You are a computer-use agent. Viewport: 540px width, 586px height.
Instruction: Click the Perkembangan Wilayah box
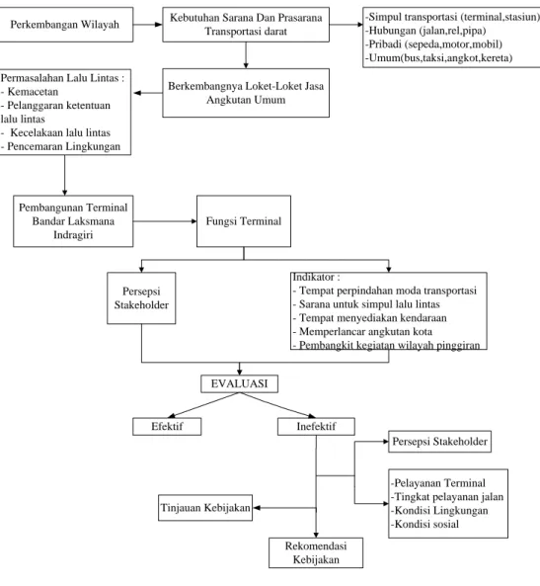coord(65,25)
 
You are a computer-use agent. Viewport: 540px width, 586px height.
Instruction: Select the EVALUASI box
coord(239,383)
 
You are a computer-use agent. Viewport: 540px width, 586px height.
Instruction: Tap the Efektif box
coord(167,427)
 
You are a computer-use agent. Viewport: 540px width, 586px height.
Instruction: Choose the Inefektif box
coord(316,427)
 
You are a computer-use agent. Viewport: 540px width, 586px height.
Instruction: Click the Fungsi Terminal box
coord(244,221)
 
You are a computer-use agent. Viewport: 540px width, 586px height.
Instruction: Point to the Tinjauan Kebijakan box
coord(205,508)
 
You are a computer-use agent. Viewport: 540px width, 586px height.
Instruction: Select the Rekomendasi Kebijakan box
coord(316,552)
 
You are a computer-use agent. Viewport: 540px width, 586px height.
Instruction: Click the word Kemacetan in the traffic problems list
coord(33,92)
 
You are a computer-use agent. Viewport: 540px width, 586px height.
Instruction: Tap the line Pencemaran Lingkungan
coord(61,146)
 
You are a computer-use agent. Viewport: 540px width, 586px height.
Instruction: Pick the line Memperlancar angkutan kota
coord(362,331)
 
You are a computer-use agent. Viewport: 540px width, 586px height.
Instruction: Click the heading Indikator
coord(316,277)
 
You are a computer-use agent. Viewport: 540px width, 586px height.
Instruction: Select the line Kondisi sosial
coord(424,524)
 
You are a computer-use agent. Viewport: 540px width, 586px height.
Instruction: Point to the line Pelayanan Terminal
coord(438,483)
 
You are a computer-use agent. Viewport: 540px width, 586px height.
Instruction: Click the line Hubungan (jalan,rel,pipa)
coord(425,31)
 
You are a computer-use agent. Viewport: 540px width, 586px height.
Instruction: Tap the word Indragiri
coord(73,235)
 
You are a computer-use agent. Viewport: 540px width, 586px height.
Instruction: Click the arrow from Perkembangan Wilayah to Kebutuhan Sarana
coord(148,25)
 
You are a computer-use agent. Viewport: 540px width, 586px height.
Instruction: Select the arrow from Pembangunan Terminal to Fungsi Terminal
coord(165,221)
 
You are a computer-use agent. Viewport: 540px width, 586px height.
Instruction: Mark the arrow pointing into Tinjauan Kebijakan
coord(284,508)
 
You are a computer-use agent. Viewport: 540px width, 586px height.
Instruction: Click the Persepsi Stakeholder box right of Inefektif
coord(440,442)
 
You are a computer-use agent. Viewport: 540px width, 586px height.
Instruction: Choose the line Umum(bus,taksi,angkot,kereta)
coord(438,57)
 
